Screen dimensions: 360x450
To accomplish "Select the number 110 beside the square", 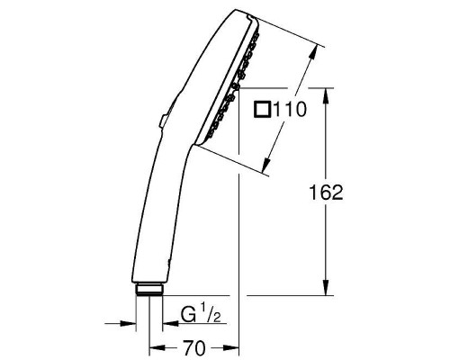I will click(x=291, y=111).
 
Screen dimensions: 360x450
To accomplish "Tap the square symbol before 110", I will click(x=261, y=111).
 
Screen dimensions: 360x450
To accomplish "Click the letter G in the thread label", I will click(x=187, y=317).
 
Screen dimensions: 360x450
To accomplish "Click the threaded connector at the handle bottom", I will click(x=148, y=289).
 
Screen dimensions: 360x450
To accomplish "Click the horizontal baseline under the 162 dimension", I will click(x=288, y=294).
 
